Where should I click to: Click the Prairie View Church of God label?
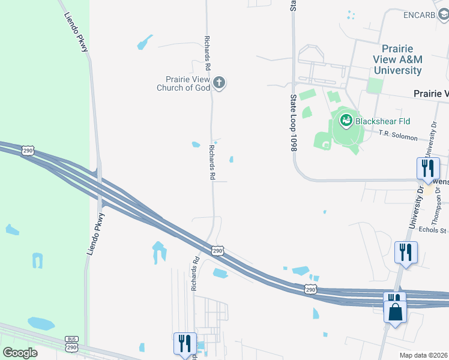coord(184,83)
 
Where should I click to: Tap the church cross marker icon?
coord(220,83)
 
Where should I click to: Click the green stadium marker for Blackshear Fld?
coord(346,121)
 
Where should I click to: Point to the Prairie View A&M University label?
coord(397,59)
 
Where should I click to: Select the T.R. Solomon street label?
coord(398,137)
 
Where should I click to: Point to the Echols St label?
coord(433,230)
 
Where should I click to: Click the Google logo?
coord(20,352)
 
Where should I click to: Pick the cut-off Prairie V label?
coord(432,94)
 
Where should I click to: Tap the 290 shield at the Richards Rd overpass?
coord(217,250)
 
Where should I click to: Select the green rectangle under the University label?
coord(375,85)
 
